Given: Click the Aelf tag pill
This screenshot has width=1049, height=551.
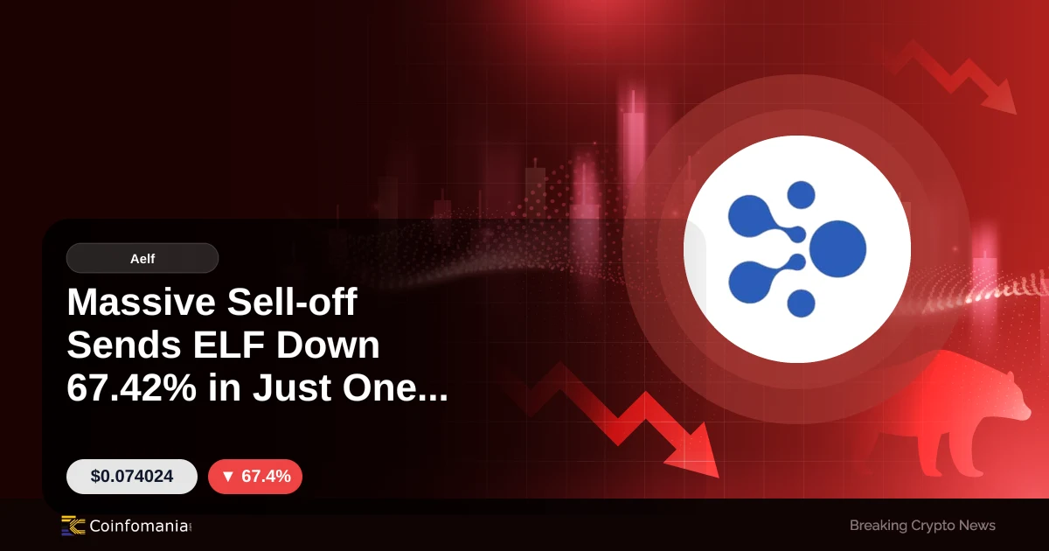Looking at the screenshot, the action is pos(142,258).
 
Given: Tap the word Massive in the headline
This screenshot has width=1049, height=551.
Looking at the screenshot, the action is pos(142,303).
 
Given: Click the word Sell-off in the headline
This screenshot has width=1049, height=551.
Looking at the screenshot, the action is pos(292,303).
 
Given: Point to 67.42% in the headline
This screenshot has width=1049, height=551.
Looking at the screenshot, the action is pos(132,388).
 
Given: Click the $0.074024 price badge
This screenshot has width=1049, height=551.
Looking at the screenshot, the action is pos(132,476).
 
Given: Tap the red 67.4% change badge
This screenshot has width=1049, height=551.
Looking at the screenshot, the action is pos(255,476).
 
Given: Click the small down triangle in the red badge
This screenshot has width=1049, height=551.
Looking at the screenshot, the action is pos(228,477).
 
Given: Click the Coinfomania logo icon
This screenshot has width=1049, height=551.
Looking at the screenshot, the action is pos(73,526).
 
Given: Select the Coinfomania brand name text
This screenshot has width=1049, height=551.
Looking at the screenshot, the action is pos(139,526).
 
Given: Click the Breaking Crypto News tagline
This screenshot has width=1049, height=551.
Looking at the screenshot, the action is pos(922,526).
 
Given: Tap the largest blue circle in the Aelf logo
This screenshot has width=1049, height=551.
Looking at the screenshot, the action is pos(837,248).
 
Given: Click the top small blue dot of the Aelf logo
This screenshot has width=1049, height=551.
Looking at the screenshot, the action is pos(801,195).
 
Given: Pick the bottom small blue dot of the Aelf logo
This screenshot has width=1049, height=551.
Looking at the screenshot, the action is pos(801,303).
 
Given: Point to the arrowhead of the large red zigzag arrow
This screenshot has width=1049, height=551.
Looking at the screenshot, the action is pos(698,455).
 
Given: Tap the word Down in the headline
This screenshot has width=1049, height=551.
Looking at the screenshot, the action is pos(328,345).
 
